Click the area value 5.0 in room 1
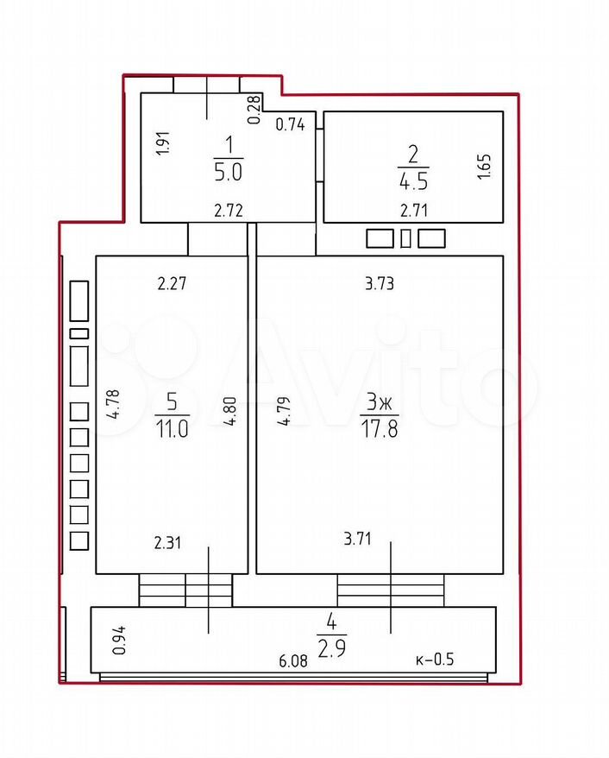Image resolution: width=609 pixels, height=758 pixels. pos(228,173)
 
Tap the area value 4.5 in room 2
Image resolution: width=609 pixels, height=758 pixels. pos(413,181)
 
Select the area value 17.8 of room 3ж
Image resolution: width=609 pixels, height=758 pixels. pos(380,429)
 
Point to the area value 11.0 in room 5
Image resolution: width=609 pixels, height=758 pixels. pos(172,429)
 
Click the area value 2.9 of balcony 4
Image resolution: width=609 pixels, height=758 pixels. pos(332,649)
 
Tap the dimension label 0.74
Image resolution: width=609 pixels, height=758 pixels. pos(290,124)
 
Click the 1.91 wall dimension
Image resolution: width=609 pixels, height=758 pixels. pos(164,142)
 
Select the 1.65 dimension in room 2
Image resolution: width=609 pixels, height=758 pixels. pos(484,167)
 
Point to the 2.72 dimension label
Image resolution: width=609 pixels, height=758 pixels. pos(229,211)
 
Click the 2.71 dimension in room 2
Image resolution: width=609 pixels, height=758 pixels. pos(414,211)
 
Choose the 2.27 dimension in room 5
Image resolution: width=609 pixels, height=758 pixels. pos(172,283)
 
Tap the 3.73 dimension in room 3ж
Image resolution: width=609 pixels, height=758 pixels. pos(380,283)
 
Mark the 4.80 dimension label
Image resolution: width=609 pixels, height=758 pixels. pos(229,411)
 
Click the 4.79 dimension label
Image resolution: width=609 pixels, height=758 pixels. pos(285,411)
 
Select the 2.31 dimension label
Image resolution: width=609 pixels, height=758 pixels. pos(168,543)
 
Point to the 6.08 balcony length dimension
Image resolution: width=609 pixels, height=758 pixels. pos(293,660)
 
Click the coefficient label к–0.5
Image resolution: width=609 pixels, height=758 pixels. pos(435,660)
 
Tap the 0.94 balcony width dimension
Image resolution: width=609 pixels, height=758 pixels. pos(119,640)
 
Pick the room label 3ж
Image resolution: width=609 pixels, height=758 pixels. pos(380,402)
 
